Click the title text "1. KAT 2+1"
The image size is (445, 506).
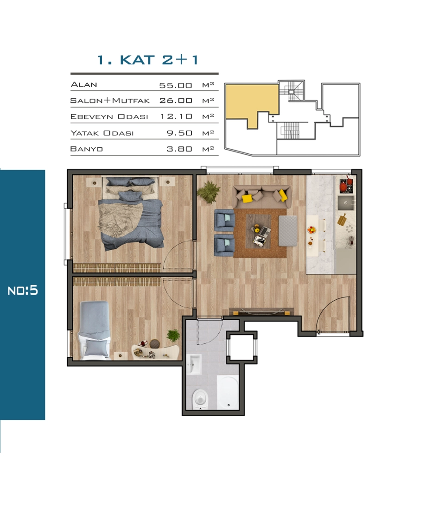coord(147,60)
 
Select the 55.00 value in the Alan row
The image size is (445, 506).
coord(176,86)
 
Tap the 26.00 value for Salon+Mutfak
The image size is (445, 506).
coord(176,101)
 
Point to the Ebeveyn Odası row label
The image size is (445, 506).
coord(109,116)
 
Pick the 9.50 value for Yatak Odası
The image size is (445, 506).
coord(179,133)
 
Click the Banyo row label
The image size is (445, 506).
coord(87,149)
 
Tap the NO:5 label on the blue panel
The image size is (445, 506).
coord(23,291)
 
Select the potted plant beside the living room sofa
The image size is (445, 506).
coord(209,192)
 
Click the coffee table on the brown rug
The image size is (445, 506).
coord(258,232)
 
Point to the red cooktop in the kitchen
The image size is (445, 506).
coord(346,185)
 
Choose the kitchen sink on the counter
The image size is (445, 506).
coord(346,203)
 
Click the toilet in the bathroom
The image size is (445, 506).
coord(200,399)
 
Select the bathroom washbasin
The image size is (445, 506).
coord(194,364)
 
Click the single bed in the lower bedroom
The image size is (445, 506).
coord(94,330)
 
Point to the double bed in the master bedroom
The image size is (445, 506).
coord(130,213)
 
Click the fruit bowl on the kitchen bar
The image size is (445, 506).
coord(311,230)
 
